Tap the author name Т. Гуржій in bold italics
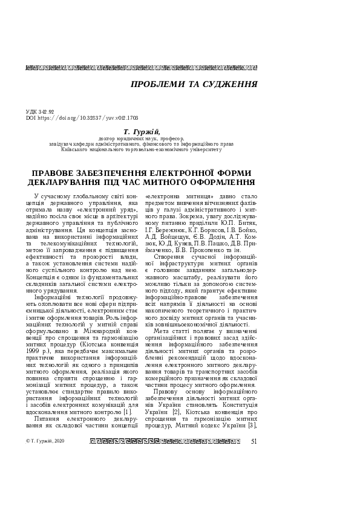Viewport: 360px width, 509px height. (141, 131)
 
